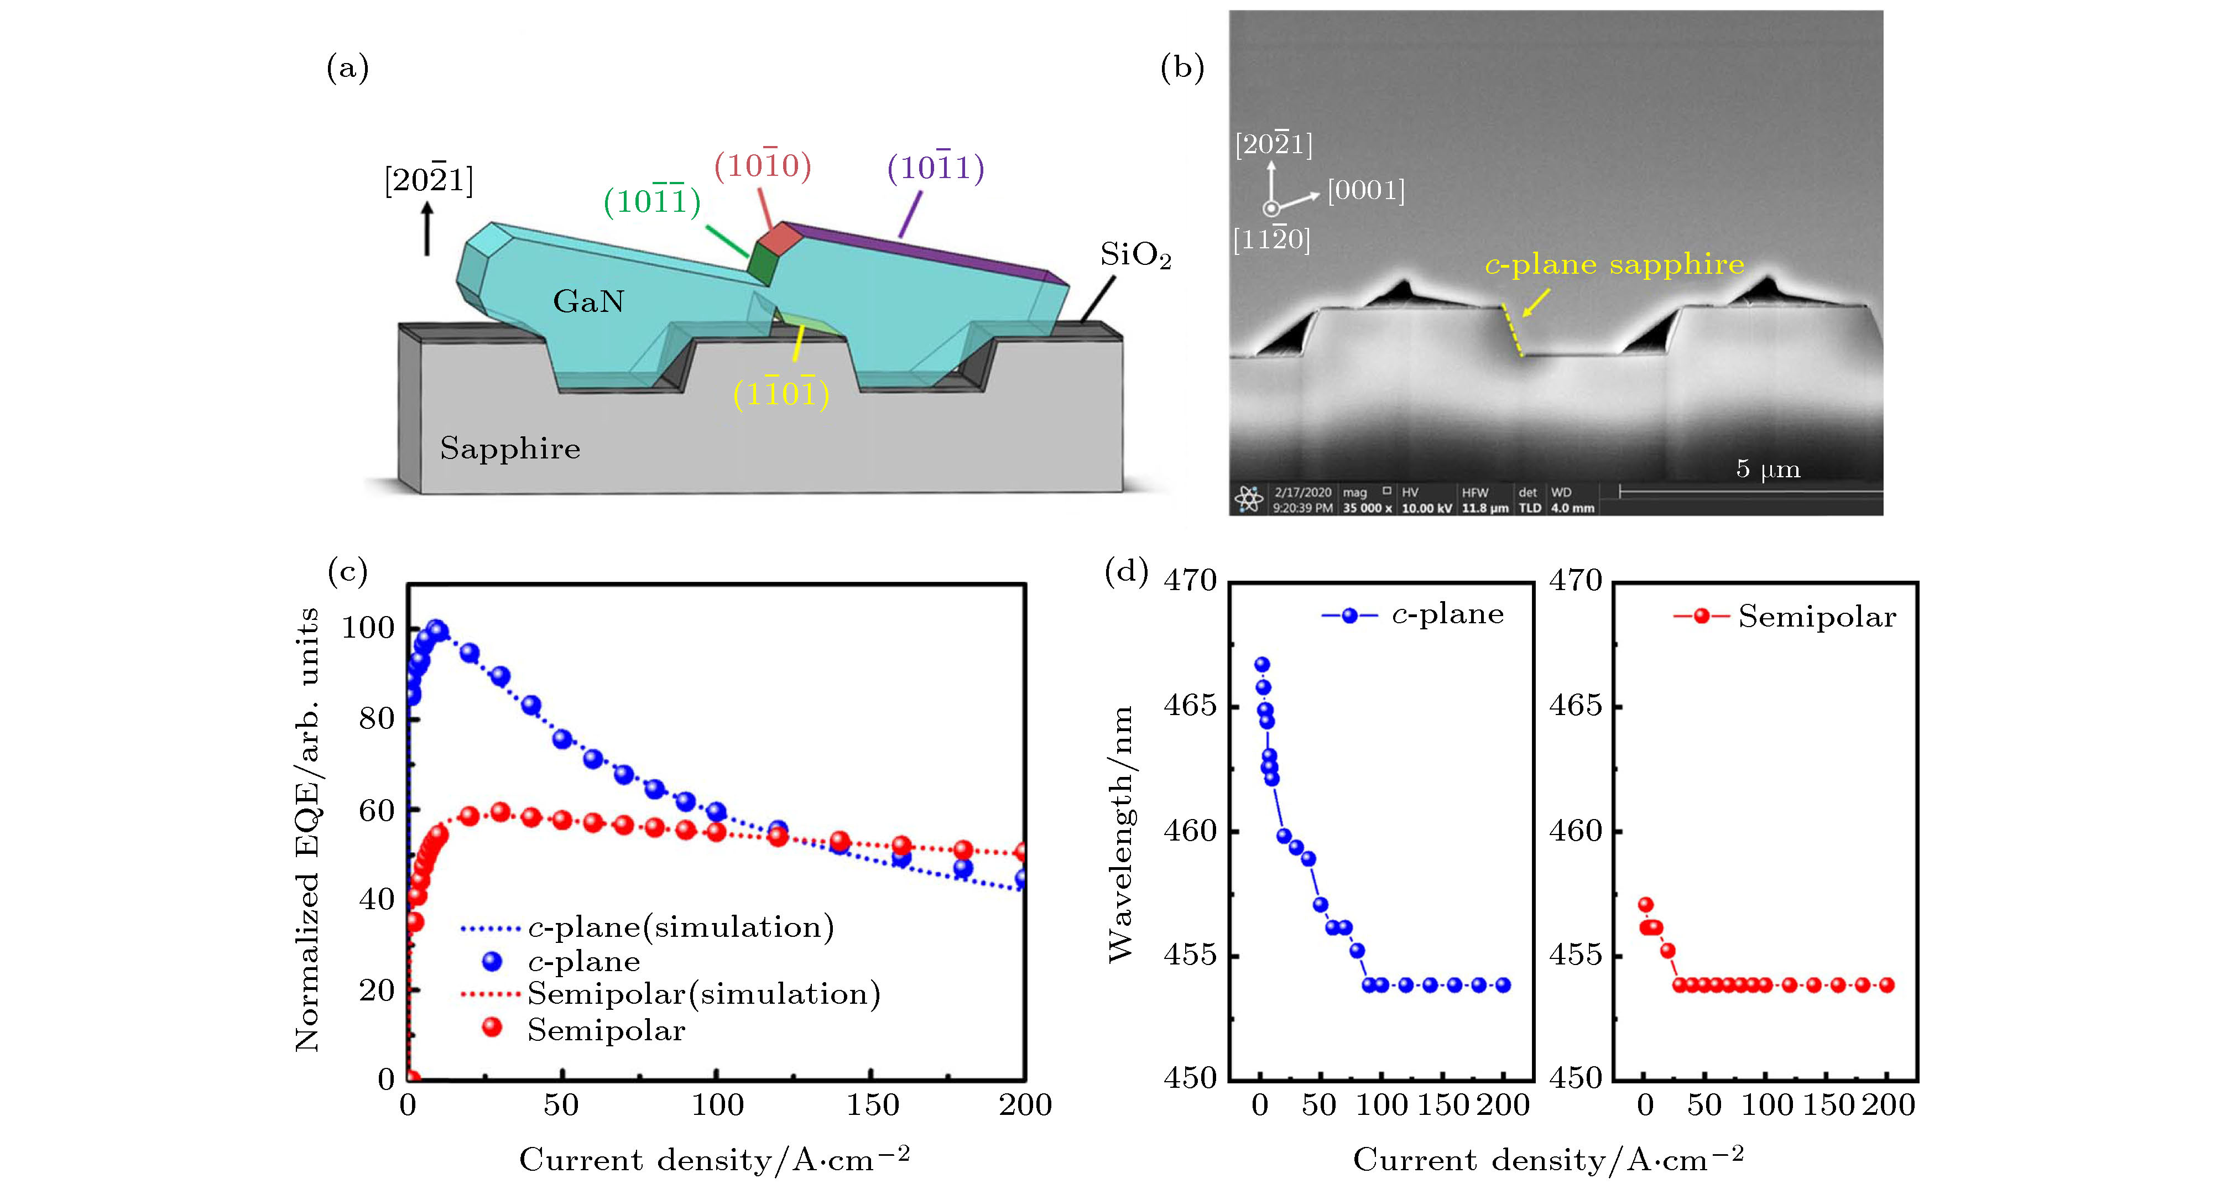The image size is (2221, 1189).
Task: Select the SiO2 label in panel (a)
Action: [1135, 255]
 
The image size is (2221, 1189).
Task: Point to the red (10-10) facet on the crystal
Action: [779, 238]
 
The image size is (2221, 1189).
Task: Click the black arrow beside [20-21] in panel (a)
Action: [427, 228]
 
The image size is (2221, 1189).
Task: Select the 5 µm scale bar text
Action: [1768, 469]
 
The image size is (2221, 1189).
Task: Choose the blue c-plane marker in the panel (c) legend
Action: [492, 961]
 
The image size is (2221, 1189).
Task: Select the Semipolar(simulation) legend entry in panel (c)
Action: [703, 994]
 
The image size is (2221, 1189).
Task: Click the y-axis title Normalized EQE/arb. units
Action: [307, 830]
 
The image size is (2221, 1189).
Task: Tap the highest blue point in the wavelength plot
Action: [1262, 665]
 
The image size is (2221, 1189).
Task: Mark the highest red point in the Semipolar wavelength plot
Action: [1646, 904]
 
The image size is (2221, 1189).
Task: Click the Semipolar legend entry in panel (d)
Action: [1785, 617]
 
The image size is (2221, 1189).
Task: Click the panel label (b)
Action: [1181, 67]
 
